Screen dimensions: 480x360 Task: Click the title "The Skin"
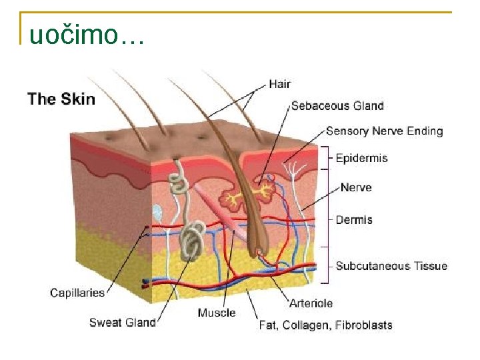point(61,99)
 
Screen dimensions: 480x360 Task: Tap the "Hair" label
point(279,84)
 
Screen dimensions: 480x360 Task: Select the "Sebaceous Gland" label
point(337,105)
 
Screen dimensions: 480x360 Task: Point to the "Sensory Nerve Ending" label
point(384,131)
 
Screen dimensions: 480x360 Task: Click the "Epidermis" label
point(361,158)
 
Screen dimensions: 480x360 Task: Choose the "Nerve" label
point(355,187)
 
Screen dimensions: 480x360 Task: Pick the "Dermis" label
point(354,219)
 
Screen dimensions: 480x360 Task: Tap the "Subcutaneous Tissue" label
point(391,266)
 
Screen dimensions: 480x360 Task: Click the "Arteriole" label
point(311,303)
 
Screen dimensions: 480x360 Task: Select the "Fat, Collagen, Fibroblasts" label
point(325,325)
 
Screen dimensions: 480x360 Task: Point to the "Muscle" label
point(217,313)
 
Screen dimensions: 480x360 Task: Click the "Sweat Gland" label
point(122,323)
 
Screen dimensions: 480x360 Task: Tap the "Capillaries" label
point(77,292)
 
